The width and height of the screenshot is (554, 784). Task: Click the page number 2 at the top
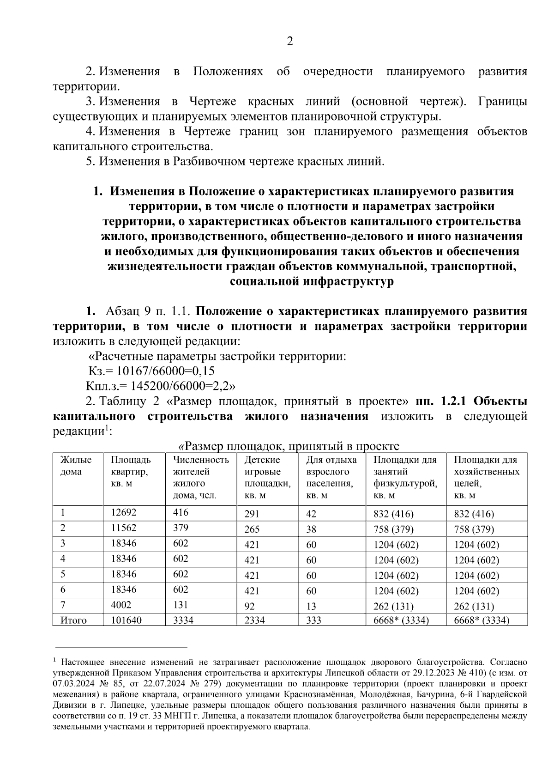(x=289, y=42)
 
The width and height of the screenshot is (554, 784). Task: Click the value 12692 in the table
(x=124, y=512)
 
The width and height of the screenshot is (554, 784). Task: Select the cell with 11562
(x=124, y=528)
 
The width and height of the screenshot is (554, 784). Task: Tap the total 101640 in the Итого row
(x=126, y=620)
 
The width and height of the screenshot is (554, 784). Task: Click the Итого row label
(x=73, y=620)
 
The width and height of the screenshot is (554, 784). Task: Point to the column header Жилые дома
(x=76, y=466)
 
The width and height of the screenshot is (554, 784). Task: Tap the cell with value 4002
(x=121, y=605)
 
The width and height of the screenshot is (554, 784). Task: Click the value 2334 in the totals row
(x=254, y=620)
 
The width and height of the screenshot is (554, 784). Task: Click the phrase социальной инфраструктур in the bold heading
(x=312, y=281)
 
